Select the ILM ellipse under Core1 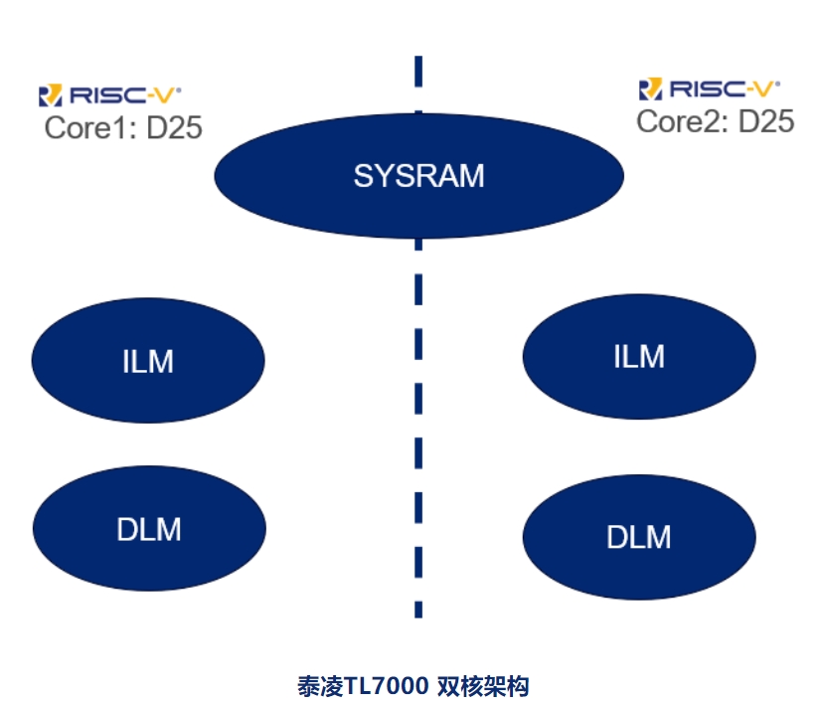(x=148, y=360)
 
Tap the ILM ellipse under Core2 (x=638, y=355)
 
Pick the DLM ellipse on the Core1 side (x=149, y=528)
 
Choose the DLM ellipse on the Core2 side (x=638, y=537)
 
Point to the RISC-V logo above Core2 (x=710, y=89)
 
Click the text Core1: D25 (x=123, y=127)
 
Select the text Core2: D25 (x=715, y=121)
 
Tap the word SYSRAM (x=418, y=176)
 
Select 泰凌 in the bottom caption (x=320, y=685)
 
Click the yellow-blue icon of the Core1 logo (x=50, y=95)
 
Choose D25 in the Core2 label (x=766, y=121)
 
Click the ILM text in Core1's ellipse (x=148, y=361)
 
